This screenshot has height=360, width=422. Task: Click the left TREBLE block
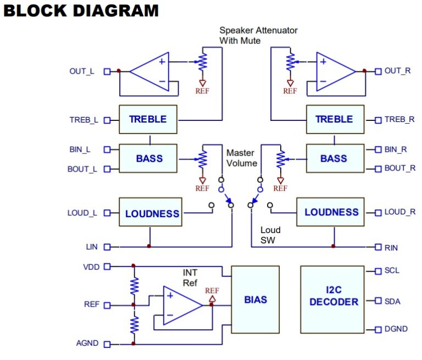(148, 119)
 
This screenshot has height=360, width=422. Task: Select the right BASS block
(334, 158)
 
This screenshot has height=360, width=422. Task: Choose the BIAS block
(255, 300)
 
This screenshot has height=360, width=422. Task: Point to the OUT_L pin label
(82, 71)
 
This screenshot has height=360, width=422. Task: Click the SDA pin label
(392, 301)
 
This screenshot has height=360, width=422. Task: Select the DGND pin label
(396, 329)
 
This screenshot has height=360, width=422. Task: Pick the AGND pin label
(87, 344)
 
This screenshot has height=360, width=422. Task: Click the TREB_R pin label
(399, 119)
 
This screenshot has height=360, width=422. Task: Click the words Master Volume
(242, 158)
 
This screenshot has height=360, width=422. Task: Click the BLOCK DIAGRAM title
(81, 10)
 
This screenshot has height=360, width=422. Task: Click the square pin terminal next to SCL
(378, 271)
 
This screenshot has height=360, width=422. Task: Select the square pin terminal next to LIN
(107, 247)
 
